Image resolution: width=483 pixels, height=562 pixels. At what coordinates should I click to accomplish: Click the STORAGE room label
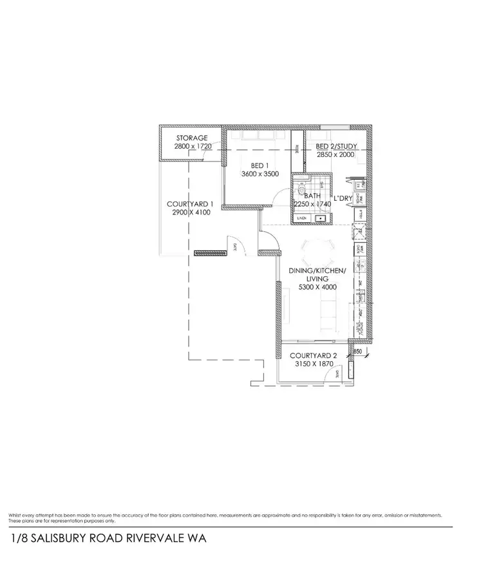(x=191, y=138)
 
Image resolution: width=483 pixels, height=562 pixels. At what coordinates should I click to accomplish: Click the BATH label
(x=312, y=195)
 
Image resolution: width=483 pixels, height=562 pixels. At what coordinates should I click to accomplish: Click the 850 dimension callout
(x=358, y=352)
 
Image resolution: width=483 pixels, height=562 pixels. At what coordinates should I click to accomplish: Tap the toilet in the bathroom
(x=300, y=189)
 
